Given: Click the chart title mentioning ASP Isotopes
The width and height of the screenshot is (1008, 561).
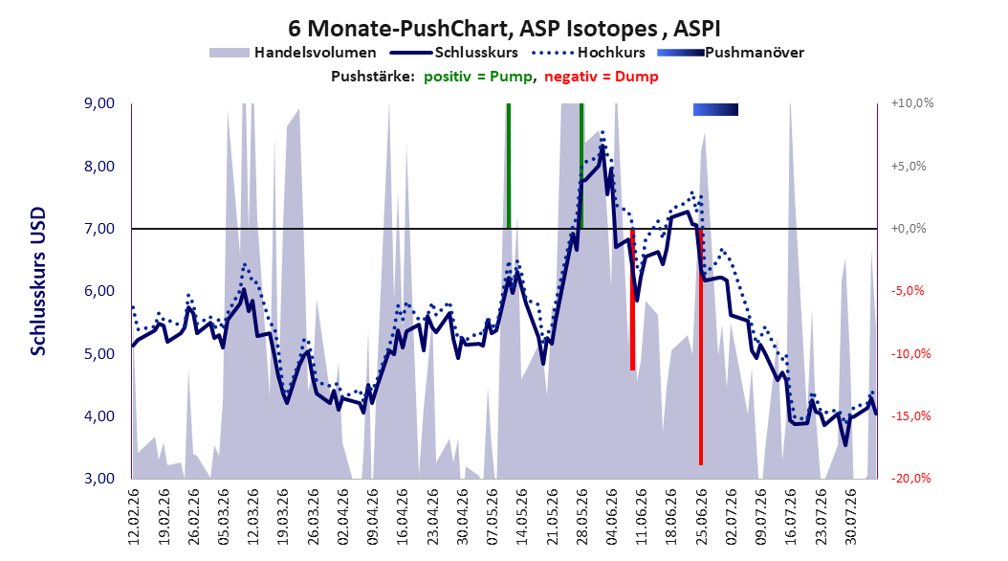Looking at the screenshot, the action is coord(504,29).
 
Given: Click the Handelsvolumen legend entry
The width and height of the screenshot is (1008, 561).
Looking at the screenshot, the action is coord(293,53).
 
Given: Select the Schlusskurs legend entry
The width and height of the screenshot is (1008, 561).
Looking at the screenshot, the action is coord(453,53).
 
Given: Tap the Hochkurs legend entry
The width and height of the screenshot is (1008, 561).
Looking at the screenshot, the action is coord(588,53).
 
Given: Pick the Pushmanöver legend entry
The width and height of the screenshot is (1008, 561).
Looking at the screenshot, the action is coord(731,53).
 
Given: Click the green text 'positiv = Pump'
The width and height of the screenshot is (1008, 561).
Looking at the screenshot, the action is coord(477,77).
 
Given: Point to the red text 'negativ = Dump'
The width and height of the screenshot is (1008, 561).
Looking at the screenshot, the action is coord(602,77).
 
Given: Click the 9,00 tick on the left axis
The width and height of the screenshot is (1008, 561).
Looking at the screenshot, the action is coord(99,103).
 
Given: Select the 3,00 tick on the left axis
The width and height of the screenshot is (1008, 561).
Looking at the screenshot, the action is coord(99,479).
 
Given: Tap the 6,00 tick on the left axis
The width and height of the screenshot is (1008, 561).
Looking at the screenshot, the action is coord(99,291).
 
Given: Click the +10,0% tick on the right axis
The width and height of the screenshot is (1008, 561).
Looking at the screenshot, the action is coord(912,103).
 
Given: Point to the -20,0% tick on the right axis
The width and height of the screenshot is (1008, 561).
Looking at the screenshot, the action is coord(911,479).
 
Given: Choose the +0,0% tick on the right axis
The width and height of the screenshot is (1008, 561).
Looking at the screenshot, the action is coord(909,229).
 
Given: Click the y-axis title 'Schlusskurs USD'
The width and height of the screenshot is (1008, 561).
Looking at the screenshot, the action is coord(38,281).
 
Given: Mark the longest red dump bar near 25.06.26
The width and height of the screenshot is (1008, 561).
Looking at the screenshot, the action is coord(701,347).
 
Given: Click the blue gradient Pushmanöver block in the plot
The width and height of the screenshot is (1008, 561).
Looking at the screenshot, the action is coord(715,110).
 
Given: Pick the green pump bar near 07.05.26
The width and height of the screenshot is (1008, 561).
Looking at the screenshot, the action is coord(509,166).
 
